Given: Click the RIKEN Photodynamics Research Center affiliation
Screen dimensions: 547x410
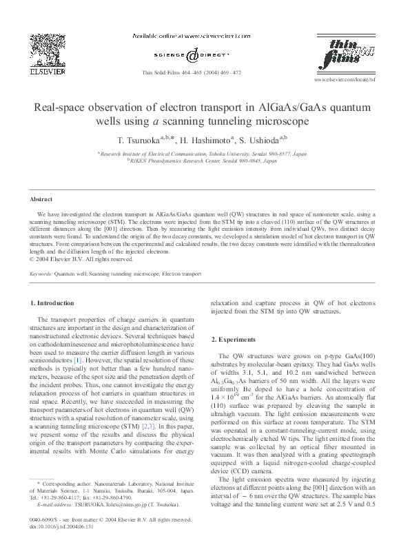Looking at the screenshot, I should click(x=205, y=160).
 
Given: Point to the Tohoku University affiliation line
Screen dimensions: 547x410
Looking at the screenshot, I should click(x=205, y=154).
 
